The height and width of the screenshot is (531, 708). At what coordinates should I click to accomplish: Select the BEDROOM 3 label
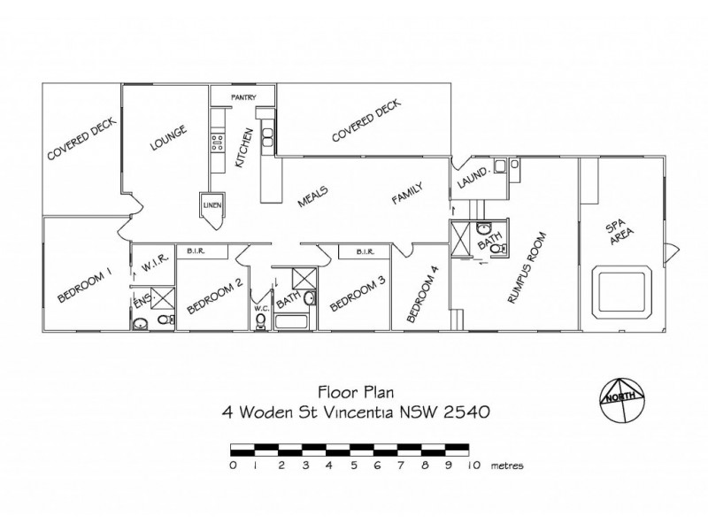tap(357, 293)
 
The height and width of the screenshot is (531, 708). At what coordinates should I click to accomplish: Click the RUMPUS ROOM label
tap(528, 268)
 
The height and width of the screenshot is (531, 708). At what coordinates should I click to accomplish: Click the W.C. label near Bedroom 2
tap(260, 309)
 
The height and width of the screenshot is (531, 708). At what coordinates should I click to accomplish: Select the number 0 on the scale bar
tap(232, 464)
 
